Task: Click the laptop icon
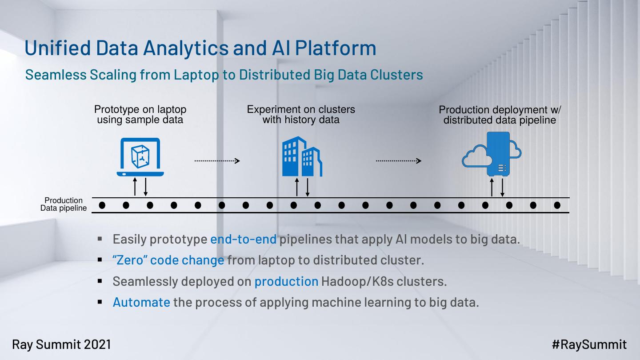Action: point(140,157)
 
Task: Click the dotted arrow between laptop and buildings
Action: point(217,161)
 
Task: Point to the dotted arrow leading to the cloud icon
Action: point(398,161)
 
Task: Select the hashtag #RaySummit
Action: point(589,344)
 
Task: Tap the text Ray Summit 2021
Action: point(61,344)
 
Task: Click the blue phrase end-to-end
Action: point(243,239)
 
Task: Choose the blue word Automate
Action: point(141,302)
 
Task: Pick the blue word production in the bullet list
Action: point(286,281)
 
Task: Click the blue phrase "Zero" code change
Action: point(168,260)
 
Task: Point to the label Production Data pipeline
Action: point(64,204)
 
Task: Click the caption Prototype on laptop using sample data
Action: point(140,114)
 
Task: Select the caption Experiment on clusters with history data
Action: point(301,114)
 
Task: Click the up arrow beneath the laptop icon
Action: point(135,187)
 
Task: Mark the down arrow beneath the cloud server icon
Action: point(502,188)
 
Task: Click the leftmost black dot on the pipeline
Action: point(102,205)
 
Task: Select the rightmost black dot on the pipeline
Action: point(557,205)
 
